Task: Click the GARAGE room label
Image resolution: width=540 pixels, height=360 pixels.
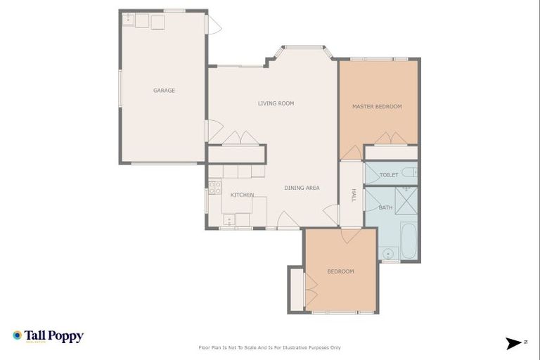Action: [164, 90]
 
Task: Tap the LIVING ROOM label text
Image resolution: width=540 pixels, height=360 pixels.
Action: [276, 103]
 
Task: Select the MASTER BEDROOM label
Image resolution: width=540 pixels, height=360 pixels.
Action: [377, 106]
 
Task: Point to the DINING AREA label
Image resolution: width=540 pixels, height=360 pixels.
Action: [302, 188]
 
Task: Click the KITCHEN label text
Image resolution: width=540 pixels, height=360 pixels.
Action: [242, 195]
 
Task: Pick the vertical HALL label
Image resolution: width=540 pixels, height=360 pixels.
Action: [354, 195]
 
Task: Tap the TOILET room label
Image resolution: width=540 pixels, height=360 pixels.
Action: [389, 174]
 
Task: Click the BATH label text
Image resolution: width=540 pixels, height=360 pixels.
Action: [386, 207]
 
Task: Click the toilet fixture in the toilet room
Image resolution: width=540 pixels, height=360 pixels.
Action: [411, 172]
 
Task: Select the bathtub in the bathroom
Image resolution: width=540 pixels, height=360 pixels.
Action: [409, 242]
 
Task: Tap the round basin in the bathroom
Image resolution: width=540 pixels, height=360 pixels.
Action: [388, 252]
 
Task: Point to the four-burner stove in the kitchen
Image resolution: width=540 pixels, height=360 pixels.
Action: [214, 188]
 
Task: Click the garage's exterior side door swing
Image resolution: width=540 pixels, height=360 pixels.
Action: [213, 26]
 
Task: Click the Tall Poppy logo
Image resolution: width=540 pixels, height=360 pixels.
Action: [48, 336]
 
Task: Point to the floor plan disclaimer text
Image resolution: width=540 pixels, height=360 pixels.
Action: [270, 347]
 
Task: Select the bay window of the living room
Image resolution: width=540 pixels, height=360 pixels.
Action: [302, 49]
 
